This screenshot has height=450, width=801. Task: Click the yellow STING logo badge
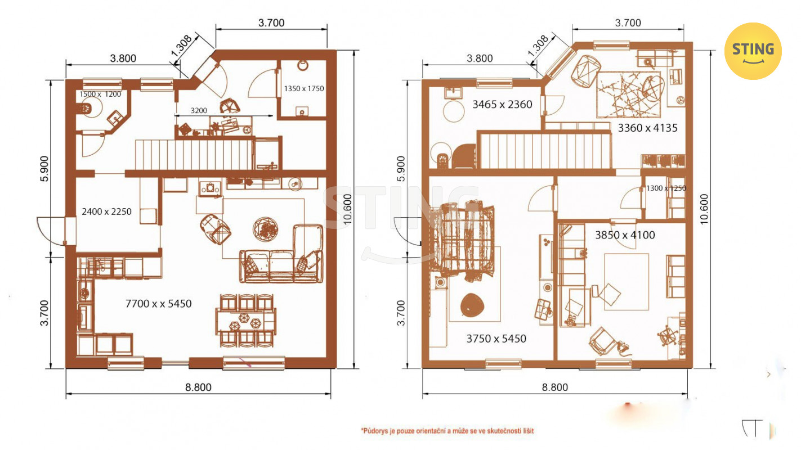coord(753,51)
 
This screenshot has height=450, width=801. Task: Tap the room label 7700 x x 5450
coord(158,304)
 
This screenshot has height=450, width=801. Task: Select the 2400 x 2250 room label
coord(106,211)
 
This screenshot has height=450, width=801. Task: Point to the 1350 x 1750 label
coord(304,89)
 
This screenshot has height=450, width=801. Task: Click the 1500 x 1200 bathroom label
coord(100,94)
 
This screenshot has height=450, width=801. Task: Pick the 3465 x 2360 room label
coord(503,105)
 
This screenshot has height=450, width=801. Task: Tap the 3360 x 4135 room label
coord(647,128)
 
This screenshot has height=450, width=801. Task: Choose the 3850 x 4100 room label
coord(625,235)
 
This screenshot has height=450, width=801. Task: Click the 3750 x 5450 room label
coord(496,339)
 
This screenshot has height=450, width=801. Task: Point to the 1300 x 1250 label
coord(666,188)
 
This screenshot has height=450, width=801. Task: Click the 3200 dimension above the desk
coord(199,111)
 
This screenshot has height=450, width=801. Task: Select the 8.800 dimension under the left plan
coord(198,387)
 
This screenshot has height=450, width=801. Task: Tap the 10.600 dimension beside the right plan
coord(704,209)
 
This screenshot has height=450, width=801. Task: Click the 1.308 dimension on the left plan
coord(182,46)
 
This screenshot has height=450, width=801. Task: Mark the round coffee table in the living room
coord(265,229)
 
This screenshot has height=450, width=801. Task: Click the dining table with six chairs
coord(246,321)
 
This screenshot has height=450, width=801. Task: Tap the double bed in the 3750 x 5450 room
coord(464,242)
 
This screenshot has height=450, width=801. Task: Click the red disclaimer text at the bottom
coord(448,431)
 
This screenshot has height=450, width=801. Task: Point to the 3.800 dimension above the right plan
coord(480,58)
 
